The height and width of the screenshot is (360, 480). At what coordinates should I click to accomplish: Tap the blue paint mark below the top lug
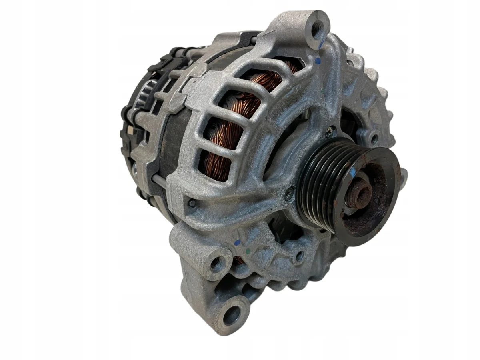pos(318,61)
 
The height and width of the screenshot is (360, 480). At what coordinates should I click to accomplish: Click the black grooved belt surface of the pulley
pos(320,188)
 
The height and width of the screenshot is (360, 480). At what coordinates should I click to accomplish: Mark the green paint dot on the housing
pos(248,252)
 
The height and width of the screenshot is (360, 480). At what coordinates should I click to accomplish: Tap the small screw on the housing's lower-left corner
pos(192,203)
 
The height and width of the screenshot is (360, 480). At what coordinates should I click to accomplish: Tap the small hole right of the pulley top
pos(374,140)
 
